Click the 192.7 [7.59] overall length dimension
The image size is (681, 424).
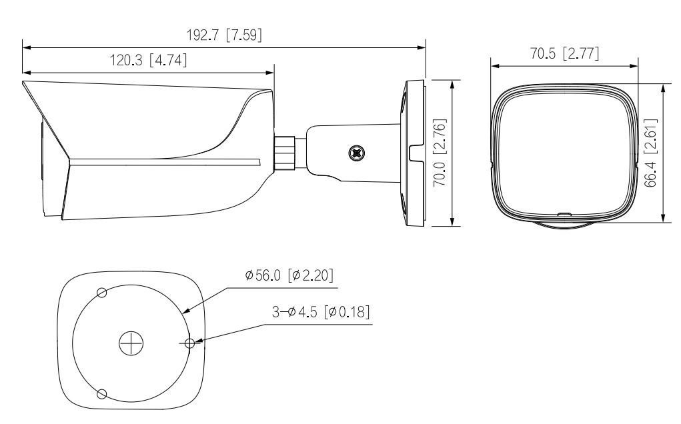(223, 37)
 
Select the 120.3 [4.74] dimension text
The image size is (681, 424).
(148, 60)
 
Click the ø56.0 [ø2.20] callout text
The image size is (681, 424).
(289, 275)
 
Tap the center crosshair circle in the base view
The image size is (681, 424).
(131, 343)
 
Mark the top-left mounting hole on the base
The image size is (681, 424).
(102, 293)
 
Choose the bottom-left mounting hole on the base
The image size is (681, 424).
(102, 393)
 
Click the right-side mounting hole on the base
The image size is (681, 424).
(189, 343)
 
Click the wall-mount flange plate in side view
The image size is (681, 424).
(414, 153)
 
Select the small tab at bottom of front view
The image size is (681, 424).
(564, 215)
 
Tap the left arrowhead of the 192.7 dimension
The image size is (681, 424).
(25, 47)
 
